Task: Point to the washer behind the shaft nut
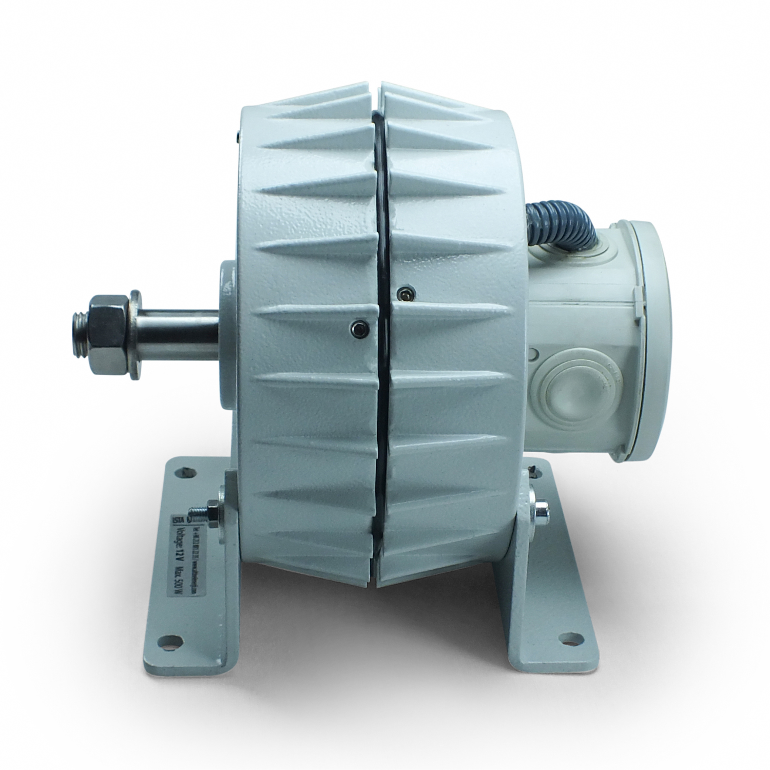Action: pyautogui.click(x=134, y=335)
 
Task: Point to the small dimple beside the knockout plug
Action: pyautogui.click(x=533, y=354)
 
